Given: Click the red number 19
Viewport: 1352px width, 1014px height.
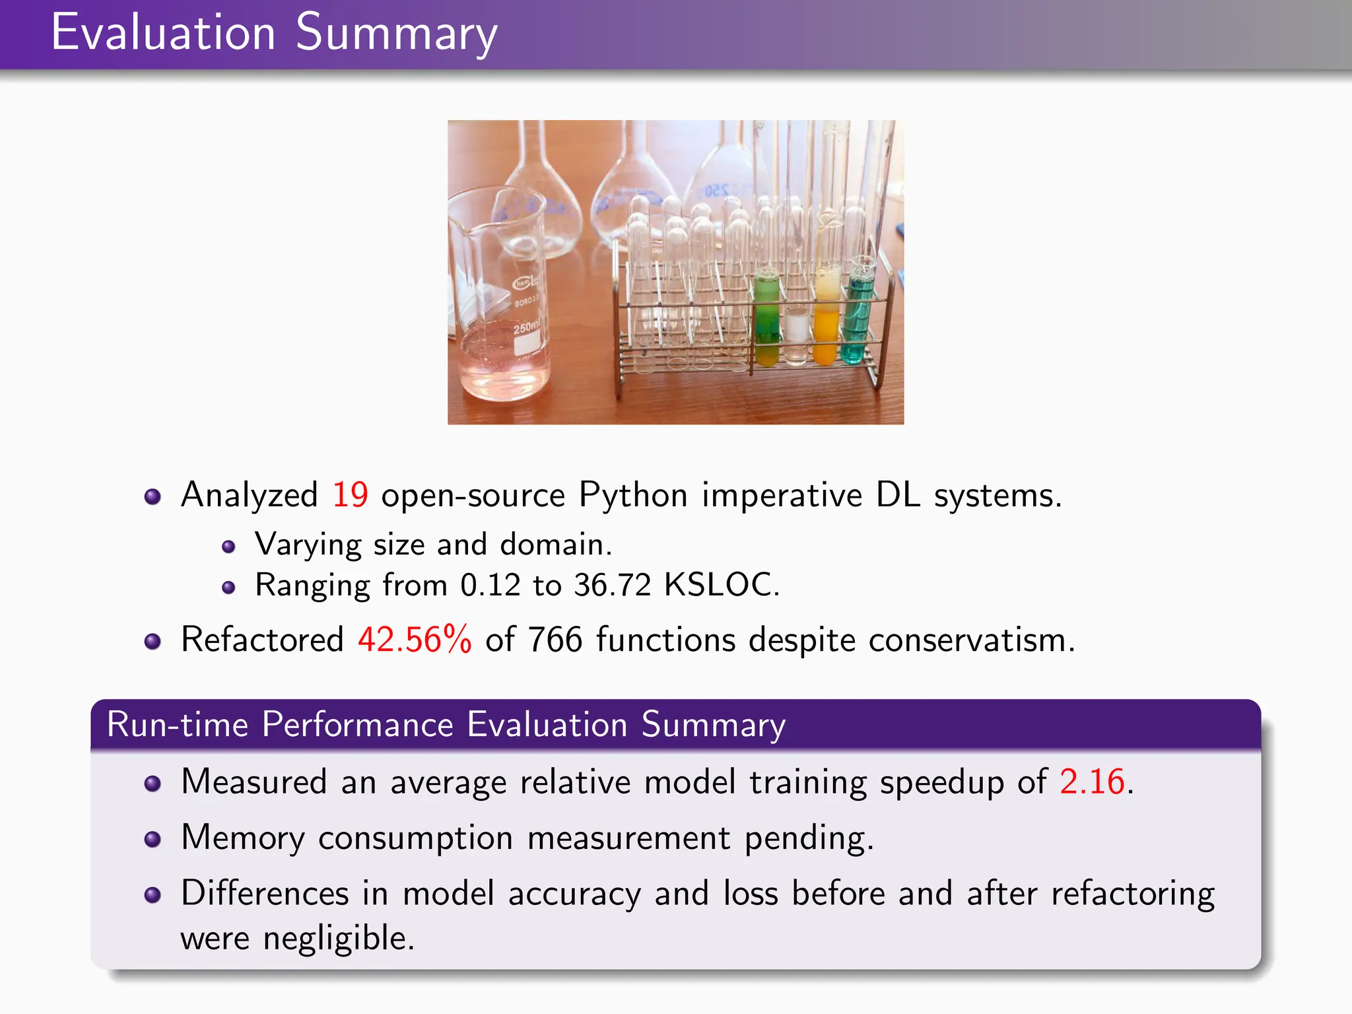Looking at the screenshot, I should (x=350, y=495).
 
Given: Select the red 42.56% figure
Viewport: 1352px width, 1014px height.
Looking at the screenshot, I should (x=415, y=640).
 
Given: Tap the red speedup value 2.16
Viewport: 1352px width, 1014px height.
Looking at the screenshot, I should (x=1092, y=782).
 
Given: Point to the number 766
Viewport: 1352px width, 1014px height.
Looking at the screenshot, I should (x=555, y=640).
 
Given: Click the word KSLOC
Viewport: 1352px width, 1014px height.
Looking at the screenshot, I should (x=721, y=585).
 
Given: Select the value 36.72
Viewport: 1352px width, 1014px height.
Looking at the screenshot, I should (x=612, y=585).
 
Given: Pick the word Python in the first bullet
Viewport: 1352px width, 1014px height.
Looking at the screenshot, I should (x=633, y=495).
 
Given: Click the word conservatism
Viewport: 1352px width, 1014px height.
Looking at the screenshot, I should (x=971, y=640).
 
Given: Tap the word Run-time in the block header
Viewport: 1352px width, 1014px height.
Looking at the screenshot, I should (x=178, y=724).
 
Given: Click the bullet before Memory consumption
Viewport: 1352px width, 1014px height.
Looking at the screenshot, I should (x=152, y=839).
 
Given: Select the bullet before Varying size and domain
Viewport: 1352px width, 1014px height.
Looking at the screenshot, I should (x=228, y=547).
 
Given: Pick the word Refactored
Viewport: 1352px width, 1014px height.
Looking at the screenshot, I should (x=262, y=640).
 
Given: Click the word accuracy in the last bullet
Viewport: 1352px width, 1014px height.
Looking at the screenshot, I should (x=574, y=894).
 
